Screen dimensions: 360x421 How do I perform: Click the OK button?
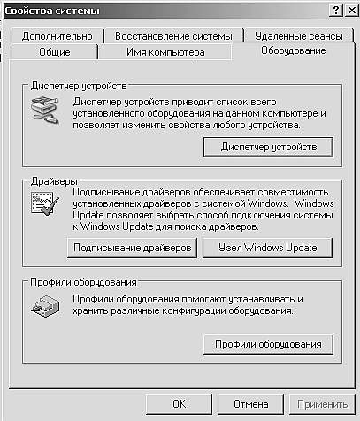[179, 404]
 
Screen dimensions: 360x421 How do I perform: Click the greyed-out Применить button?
[322, 404]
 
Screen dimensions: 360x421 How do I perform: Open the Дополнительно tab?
[57, 36]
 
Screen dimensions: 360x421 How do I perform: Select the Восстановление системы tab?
[173, 36]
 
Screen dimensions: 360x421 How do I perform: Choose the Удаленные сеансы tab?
[299, 36]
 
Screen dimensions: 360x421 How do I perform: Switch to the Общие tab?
[55, 52]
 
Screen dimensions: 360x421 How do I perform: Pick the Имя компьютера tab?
[165, 52]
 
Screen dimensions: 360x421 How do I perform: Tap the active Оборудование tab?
[294, 50]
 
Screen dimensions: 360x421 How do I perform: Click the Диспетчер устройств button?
[269, 147]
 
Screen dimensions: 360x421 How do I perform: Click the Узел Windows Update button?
[267, 248]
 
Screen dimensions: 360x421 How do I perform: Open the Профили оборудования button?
[268, 344]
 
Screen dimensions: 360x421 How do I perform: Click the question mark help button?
[336, 11]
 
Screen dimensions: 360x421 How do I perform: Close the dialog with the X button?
[352, 11]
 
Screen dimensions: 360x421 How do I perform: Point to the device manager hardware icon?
[45, 111]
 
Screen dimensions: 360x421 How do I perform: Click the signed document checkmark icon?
[45, 203]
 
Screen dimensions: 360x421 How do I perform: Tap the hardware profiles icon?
[45, 306]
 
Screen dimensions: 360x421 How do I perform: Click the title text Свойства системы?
[52, 11]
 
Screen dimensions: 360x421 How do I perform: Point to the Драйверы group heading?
[54, 181]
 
